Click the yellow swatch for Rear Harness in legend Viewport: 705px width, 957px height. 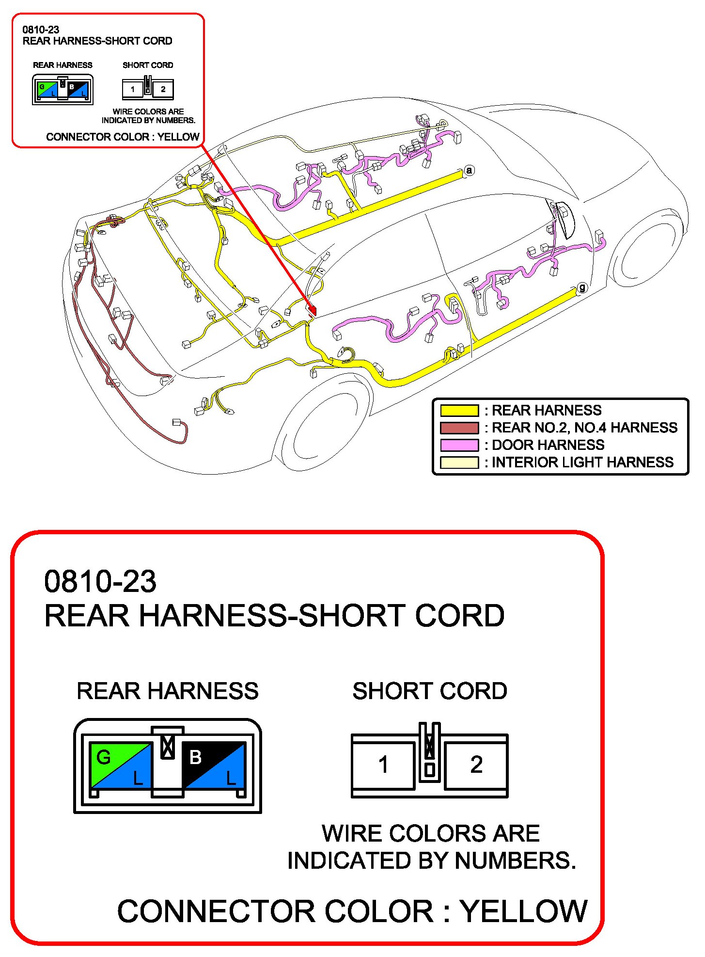459,411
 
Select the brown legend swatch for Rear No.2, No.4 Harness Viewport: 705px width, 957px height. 459,428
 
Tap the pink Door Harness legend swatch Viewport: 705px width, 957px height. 459,445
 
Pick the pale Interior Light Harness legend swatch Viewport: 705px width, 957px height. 459,463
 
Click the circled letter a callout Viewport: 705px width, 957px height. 469,170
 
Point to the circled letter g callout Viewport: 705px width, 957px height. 582,287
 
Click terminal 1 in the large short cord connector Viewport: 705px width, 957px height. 383,765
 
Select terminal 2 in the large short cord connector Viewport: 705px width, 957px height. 476,765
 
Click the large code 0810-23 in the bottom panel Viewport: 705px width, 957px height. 100,581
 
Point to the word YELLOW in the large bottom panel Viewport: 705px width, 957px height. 523,911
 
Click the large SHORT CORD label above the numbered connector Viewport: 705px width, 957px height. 429,691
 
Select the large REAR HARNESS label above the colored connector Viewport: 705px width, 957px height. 168,691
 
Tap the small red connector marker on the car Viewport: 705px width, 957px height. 312,309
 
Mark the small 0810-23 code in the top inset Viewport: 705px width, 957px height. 41,30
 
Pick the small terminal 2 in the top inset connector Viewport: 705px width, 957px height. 163,89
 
